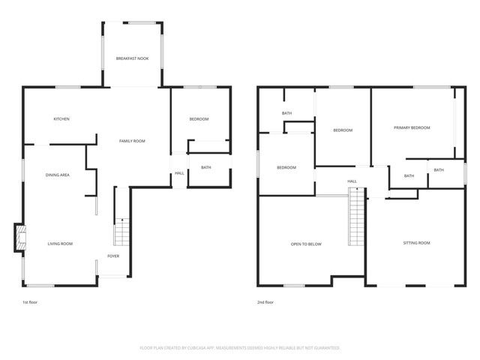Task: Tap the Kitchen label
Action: click(x=61, y=119)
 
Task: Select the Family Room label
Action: click(x=132, y=141)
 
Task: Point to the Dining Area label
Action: click(x=58, y=175)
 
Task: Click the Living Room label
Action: click(x=60, y=244)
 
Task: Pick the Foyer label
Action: click(x=113, y=256)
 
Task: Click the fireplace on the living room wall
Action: click(x=19, y=239)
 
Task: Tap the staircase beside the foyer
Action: click(x=122, y=232)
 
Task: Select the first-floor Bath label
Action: click(x=205, y=167)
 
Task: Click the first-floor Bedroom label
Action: click(x=199, y=119)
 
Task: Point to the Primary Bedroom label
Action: click(x=412, y=127)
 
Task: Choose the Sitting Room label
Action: click(x=416, y=243)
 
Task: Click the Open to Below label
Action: click(x=306, y=244)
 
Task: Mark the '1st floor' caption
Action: click(x=31, y=302)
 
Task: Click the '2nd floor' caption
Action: click(x=265, y=302)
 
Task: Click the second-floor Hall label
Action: click(x=352, y=181)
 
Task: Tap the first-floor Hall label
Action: click(x=179, y=173)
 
